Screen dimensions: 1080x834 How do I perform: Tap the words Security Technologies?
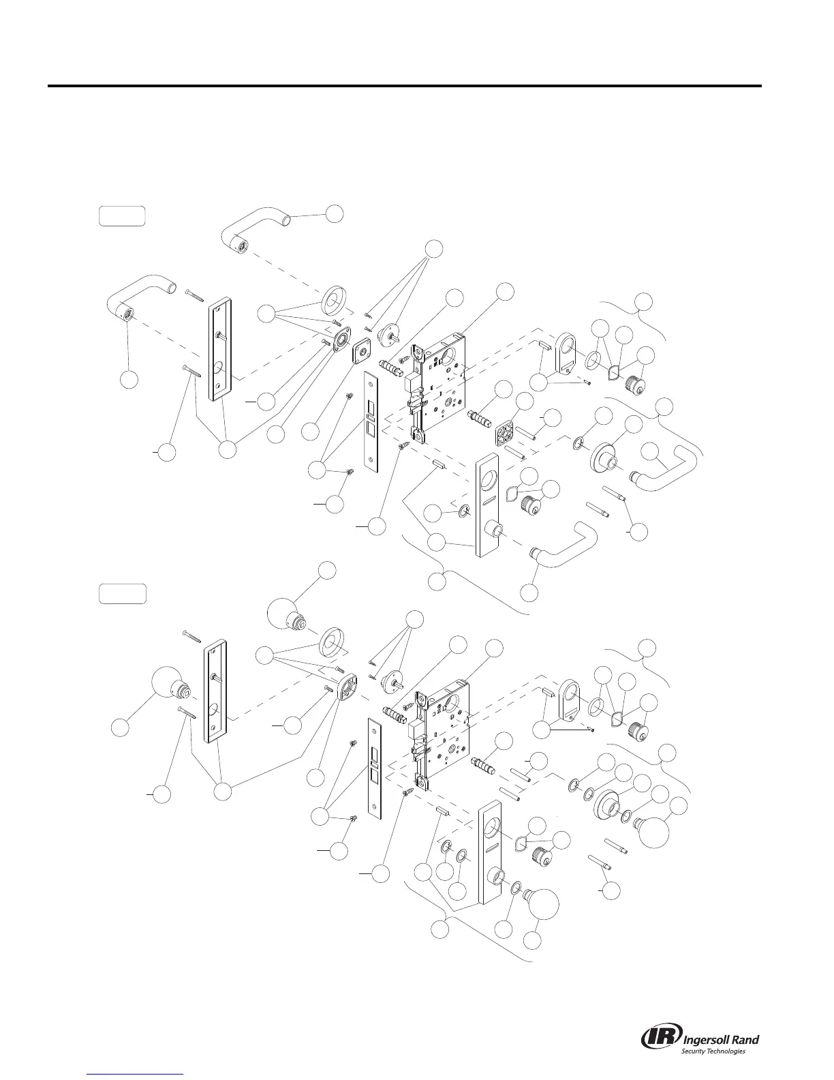pos(713,1051)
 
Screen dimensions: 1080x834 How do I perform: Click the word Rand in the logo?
pos(745,1039)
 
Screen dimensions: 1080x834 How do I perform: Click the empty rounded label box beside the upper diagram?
pos(121,215)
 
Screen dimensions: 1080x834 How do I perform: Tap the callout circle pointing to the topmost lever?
pos(334,213)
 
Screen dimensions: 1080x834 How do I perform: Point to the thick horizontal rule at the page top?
pos(403,86)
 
